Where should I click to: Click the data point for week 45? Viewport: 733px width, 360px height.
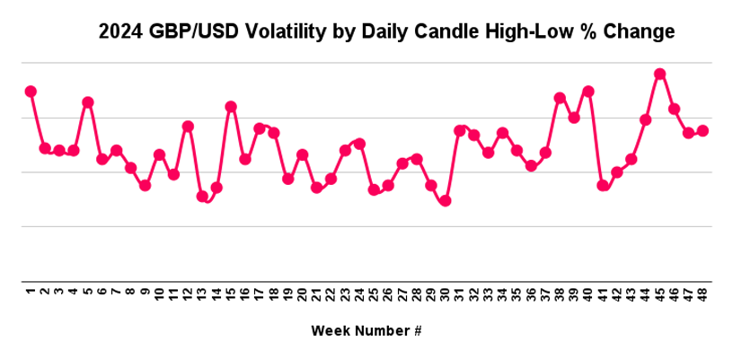(x=659, y=74)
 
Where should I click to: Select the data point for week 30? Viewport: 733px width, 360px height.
(x=445, y=200)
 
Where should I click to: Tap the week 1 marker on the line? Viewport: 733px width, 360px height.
(x=31, y=91)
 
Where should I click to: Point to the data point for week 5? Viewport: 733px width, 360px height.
(x=88, y=102)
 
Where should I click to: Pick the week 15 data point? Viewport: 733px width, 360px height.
(x=231, y=107)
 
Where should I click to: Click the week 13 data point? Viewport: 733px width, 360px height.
(x=202, y=196)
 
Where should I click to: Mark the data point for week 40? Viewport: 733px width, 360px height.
(x=588, y=91)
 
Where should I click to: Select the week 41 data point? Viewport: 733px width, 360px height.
(x=603, y=185)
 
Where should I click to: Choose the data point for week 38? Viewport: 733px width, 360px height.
(x=560, y=98)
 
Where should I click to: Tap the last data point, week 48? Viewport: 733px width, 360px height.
(x=702, y=130)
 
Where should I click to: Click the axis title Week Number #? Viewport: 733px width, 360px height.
(x=366, y=330)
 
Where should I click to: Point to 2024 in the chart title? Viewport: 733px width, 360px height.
(x=120, y=33)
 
